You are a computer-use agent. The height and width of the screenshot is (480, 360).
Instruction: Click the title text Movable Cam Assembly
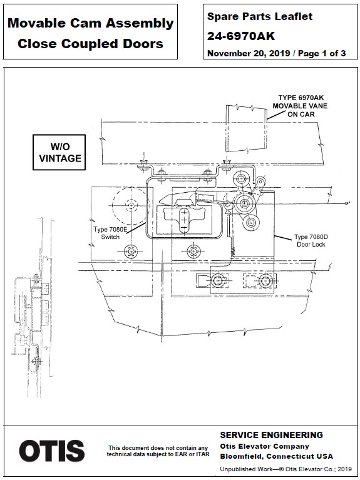click(90, 24)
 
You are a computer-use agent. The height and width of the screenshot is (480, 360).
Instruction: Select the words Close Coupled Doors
click(90, 44)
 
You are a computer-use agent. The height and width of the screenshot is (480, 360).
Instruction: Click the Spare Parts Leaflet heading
click(259, 17)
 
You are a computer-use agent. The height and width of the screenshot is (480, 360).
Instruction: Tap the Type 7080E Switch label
click(110, 233)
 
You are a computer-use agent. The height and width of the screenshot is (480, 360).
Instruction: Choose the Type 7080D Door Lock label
click(309, 241)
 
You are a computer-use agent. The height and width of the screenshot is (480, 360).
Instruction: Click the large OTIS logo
click(51, 451)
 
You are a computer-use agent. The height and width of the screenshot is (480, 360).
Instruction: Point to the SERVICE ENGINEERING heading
click(271, 435)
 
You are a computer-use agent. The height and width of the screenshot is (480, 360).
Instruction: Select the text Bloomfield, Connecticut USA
click(276, 456)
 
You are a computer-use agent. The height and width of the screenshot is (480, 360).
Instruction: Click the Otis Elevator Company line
click(264, 446)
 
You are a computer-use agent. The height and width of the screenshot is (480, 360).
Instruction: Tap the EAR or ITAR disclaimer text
click(158, 451)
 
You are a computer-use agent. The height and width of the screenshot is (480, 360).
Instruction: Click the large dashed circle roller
click(130, 204)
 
